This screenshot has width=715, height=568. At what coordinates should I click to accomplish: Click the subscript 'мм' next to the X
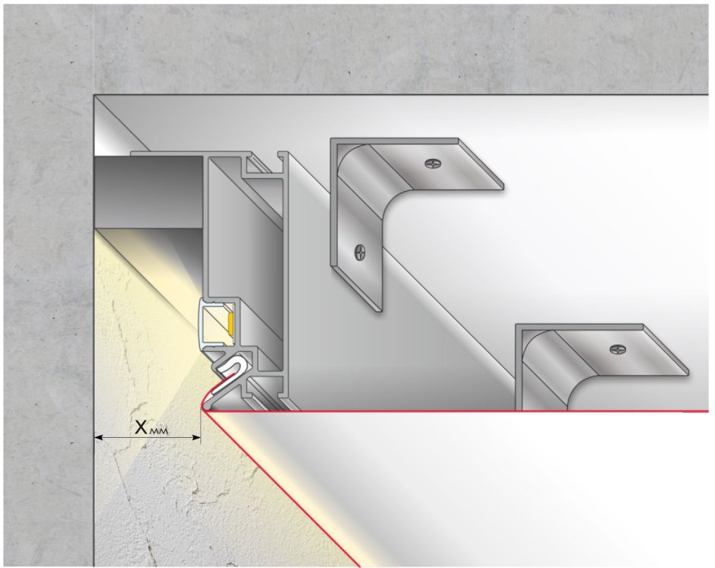pyautogui.click(x=159, y=430)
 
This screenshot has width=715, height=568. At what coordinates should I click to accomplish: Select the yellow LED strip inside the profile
pyautogui.click(x=231, y=324)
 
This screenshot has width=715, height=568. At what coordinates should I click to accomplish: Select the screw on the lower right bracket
pyautogui.click(x=618, y=349)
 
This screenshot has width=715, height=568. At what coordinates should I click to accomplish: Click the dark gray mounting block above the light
pyautogui.click(x=148, y=192)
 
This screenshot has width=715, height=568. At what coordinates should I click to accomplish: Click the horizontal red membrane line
pyautogui.click(x=456, y=411)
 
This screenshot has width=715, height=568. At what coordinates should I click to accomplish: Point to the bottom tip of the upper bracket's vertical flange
pyautogui.click(x=380, y=310)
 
